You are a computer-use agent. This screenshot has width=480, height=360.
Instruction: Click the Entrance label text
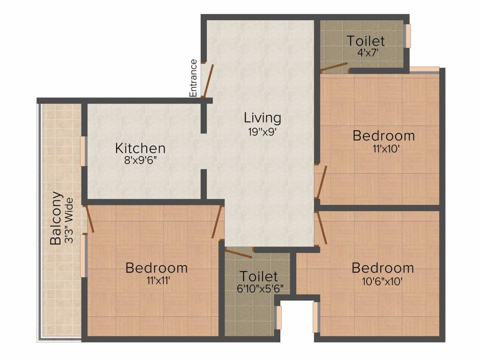[x=193, y=78]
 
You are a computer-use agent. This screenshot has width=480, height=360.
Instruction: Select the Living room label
[x=262, y=117]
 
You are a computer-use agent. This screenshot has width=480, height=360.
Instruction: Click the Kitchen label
[x=140, y=149]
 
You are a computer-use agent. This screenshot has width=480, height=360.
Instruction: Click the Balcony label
[x=55, y=218]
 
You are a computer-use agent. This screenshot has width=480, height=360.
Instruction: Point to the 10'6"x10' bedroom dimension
[x=382, y=282]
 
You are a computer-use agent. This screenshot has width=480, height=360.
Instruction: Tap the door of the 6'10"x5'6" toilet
[x=239, y=254]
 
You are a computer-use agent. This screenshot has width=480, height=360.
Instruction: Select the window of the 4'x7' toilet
[x=408, y=36]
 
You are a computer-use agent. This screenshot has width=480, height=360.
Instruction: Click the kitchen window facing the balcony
[x=83, y=150]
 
